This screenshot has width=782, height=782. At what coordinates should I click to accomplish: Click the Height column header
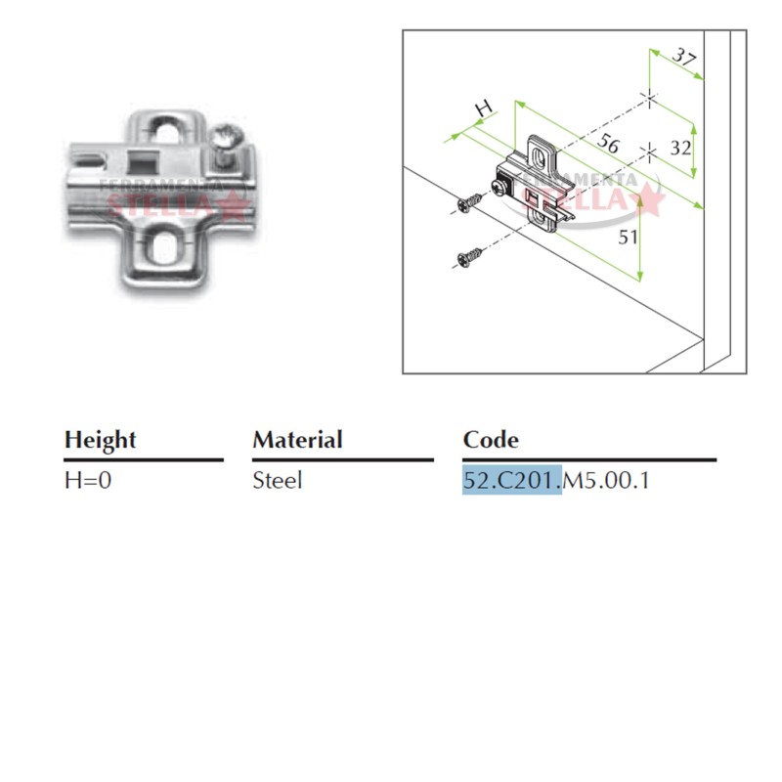point(100,440)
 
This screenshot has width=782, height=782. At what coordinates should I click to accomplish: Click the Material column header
point(297,440)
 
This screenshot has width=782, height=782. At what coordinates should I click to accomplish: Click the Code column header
point(491,440)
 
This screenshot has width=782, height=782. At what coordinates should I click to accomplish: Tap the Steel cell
point(278,481)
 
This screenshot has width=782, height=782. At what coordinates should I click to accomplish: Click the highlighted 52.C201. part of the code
point(512,481)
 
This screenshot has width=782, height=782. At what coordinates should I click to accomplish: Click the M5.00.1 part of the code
point(606,481)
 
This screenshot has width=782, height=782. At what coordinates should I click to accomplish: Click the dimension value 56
point(609,145)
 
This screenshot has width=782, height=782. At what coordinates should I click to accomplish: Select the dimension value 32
point(680,149)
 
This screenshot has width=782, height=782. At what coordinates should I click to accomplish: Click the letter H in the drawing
point(482,108)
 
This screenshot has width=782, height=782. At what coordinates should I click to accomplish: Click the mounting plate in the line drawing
point(539,187)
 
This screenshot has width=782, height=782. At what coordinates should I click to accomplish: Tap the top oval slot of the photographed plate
point(172,129)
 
